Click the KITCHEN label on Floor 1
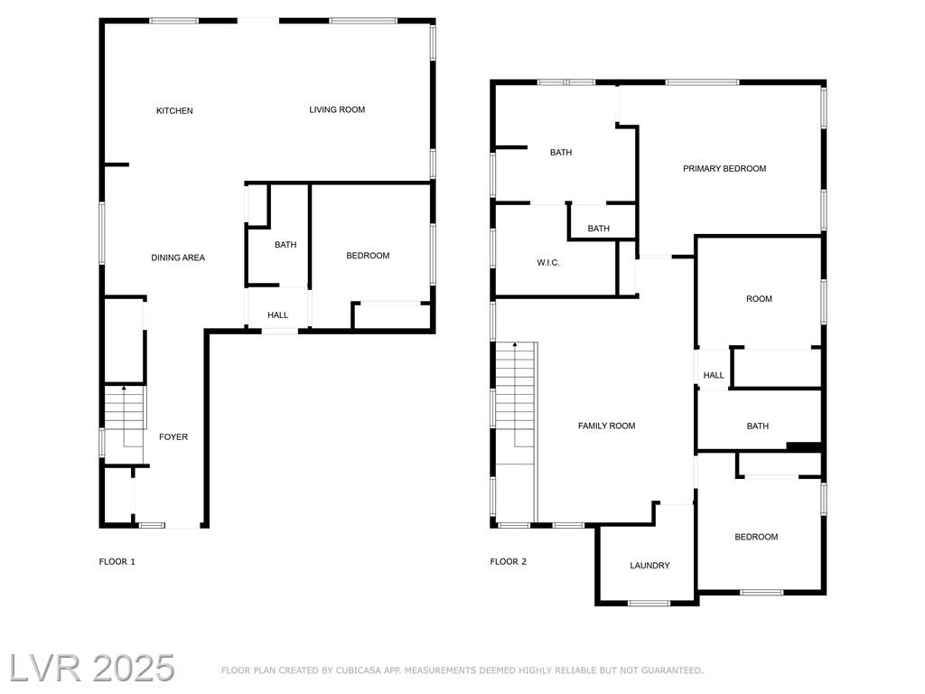174,110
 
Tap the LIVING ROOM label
337,109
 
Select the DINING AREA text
178,258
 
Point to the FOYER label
173,436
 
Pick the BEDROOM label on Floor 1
368,256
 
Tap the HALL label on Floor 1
278,315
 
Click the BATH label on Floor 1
285,244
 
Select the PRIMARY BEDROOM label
724,168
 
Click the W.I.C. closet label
548,263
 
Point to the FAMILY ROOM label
606,426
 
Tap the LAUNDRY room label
649,566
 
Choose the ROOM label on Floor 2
759,298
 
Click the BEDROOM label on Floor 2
756,537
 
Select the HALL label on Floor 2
714,375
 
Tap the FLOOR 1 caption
117,561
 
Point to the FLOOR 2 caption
508,561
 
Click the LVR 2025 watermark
92,668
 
